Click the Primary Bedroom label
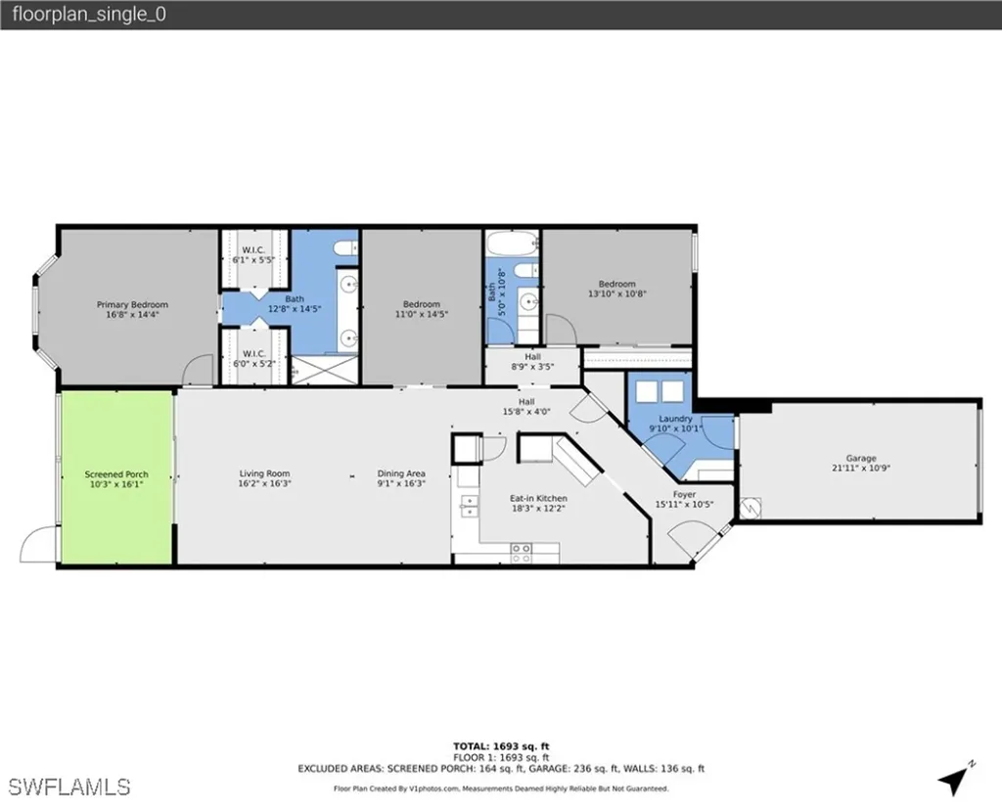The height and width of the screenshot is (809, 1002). pyautogui.click(x=132, y=305)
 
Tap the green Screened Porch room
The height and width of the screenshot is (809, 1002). pyautogui.click(x=116, y=477)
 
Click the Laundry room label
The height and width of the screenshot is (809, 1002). pyautogui.click(x=675, y=419)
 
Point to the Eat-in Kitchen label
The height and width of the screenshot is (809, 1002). pyautogui.click(x=538, y=498)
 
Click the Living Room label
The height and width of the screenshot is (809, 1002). pyautogui.click(x=264, y=474)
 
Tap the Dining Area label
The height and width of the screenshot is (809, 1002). pyautogui.click(x=401, y=474)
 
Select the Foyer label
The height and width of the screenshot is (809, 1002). pyautogui.click(x=684, y=495)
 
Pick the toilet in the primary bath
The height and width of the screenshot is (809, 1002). pyautogui.click(x=346, y=248)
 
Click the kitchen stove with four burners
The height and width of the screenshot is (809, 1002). pyautogui.click(x=520, y=554)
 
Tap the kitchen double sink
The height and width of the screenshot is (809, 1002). pyautogui.click(x=470, y=506)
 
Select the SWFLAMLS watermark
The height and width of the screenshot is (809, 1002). pyautogui.click(x=68, y=786)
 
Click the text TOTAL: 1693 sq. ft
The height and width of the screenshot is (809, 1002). pyautogui.click(x=501, y=746)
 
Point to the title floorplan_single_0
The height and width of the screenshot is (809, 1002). pyautogui.click(x=82, y=15)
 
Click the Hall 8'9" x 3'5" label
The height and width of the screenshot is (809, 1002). pyautogui.click(x=532, y=362)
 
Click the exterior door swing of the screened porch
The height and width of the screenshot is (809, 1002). pyautogui.click(x=37, y=545)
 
